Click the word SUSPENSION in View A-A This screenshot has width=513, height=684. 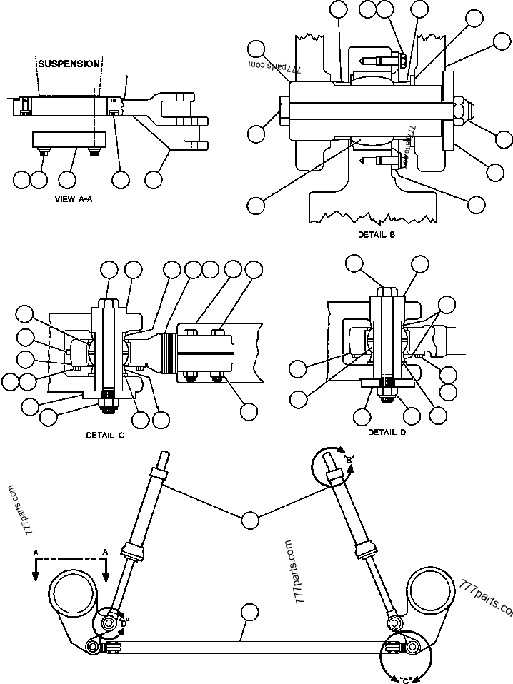[x=69, y=64]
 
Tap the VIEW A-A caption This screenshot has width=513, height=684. [x=74, y=199]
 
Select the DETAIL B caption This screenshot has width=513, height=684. [x=377, y=234]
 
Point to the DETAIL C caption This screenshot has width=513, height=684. [x=105, y=435]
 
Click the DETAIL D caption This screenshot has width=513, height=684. [x=387, y=432]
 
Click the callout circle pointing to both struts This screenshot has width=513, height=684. [x=249, y=520]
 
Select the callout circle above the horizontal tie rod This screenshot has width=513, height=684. [x=249, y=611]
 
